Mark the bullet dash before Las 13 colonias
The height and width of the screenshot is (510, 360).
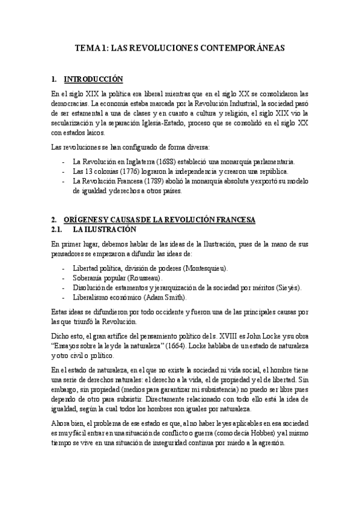click(x=64, y=171)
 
